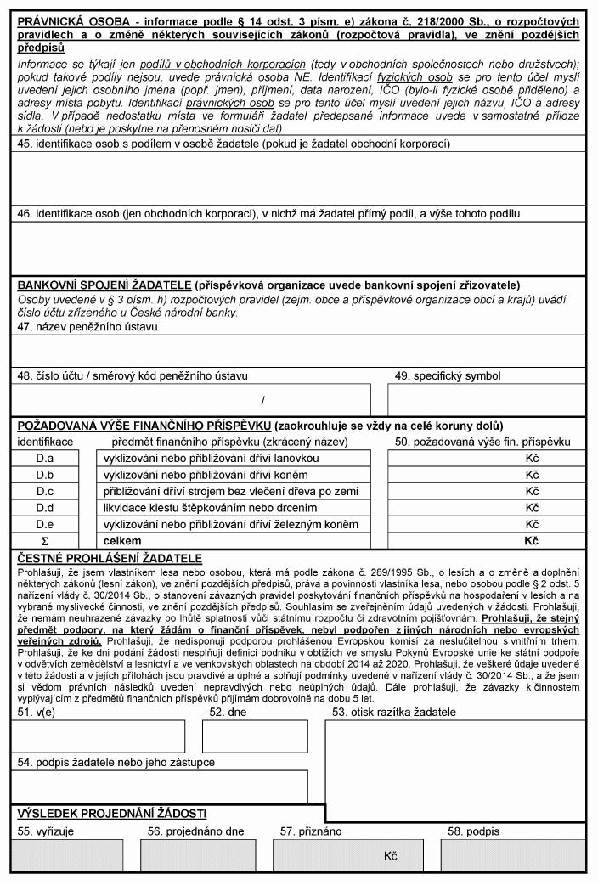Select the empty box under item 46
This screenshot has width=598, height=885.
click(x=298, y=246)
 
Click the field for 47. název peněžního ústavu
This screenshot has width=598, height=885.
click(x=298, y=348)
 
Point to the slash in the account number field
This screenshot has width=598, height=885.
click(x=263, y=398)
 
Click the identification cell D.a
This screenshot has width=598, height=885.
click(x=44, y=459)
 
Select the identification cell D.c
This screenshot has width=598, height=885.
click(x=44, y=491)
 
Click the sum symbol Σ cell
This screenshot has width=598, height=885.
click(x=44, y=540)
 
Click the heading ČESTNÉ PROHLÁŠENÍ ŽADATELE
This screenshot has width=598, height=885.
click(x=110, y=558)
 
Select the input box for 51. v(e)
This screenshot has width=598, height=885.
click(x=98, y=736)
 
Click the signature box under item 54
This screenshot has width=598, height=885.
click(x=160, y=786)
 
